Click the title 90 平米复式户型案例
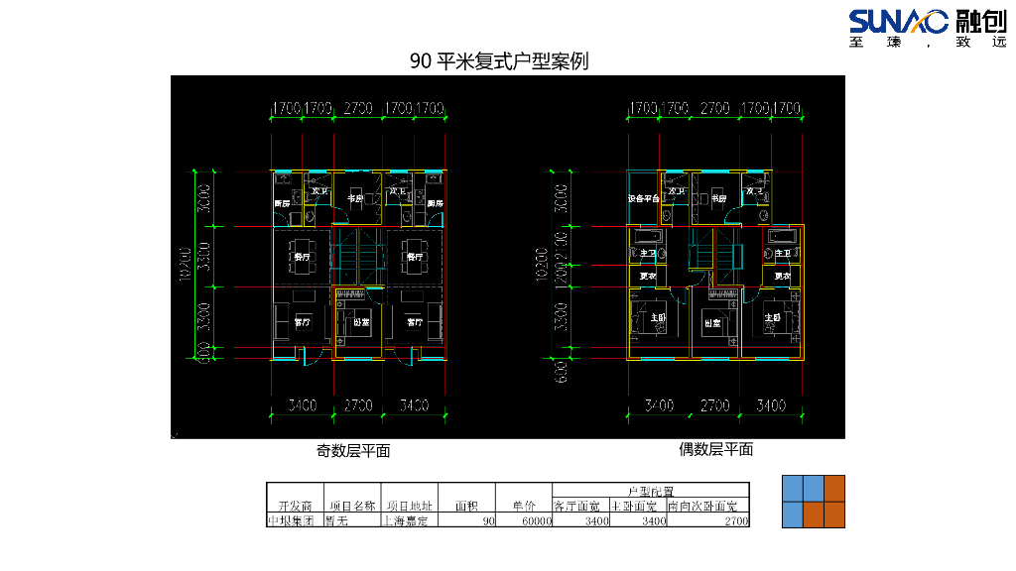tap(499, 61)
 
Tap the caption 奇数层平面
tap(353, 451)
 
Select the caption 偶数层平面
tap(715, 449)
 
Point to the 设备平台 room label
tap(644, 199)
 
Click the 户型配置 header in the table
tap(650, 491)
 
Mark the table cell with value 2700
tap(735, 520)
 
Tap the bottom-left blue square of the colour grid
tap(793, 514)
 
